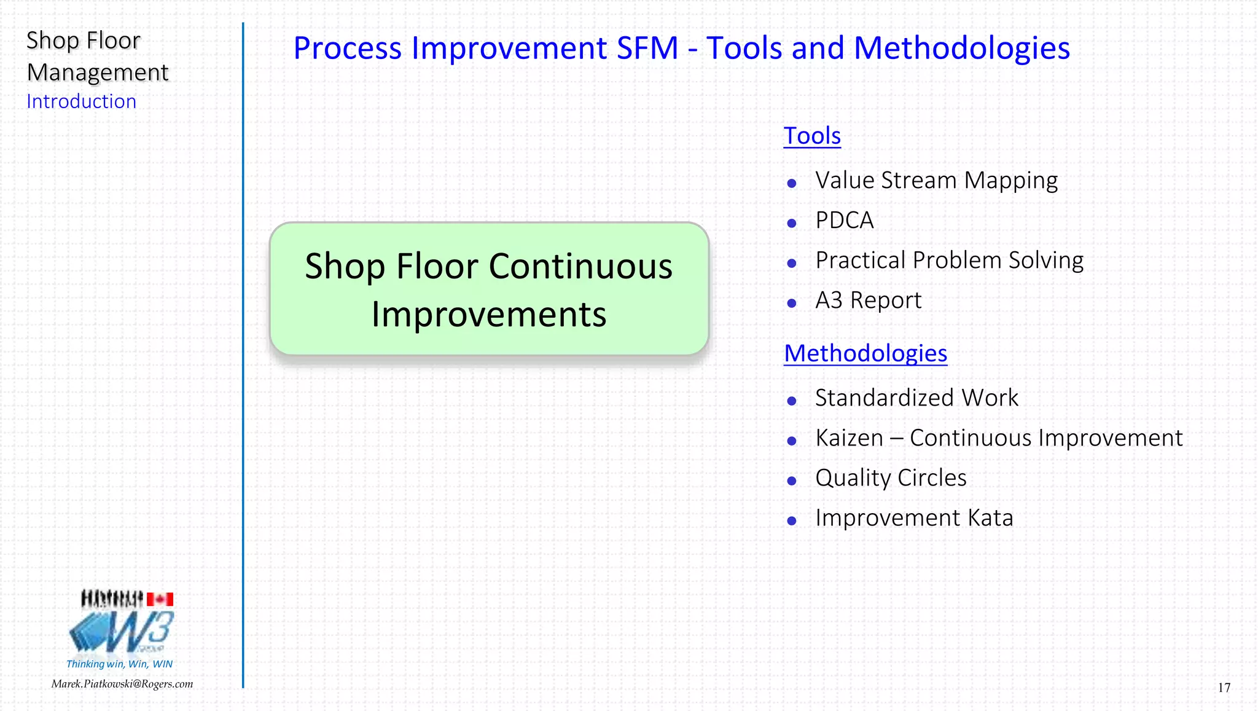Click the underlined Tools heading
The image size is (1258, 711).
point(811,136)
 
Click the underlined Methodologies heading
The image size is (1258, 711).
point(865,353)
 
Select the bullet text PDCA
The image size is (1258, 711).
point(844,221)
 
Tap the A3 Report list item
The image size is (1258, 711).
point(868,301)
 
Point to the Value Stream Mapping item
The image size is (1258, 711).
point(936,181)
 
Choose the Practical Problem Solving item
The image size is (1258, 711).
point(949,261)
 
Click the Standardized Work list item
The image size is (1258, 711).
point(916,398)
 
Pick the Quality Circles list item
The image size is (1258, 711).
point(891,478)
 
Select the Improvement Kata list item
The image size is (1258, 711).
point(914,518)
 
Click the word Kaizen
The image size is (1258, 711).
point(849,438)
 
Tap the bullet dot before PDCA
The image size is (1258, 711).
point(792,224)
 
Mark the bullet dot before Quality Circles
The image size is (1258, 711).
point(792,481)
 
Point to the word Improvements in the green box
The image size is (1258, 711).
point(489,315)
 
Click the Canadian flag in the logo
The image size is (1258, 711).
point(160,599)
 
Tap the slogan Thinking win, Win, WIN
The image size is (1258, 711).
point(119,664)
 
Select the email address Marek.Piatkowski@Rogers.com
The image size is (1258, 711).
point(122,684)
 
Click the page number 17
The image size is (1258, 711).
point(1224,688)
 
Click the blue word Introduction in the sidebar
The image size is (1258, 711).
point(81,101)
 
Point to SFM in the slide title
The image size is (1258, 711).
point(647,49)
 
